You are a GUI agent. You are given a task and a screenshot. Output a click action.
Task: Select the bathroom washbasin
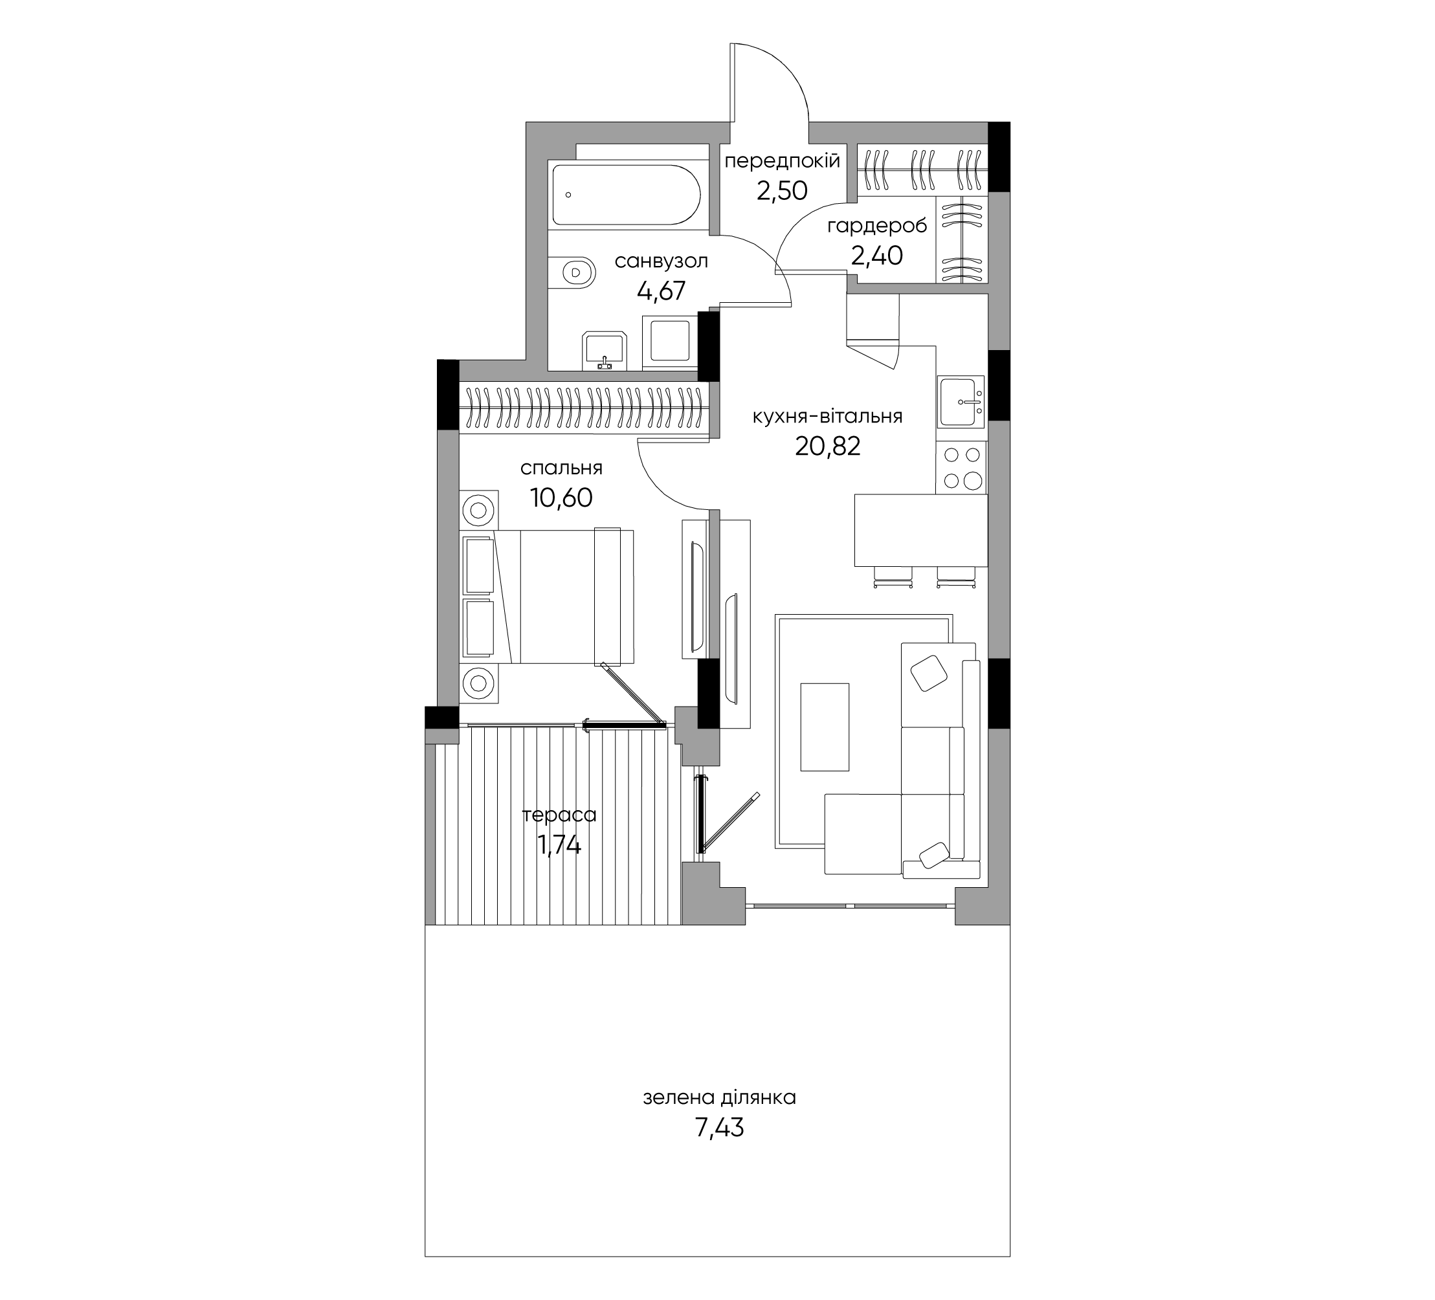coord(605,351)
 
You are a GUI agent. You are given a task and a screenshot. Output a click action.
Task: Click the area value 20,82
coord(828,446)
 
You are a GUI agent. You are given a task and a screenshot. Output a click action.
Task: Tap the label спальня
coord(561,468)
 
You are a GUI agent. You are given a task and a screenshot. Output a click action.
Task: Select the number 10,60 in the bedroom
coord(561,498)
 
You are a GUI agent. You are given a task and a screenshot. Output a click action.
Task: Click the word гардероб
coord(877,227)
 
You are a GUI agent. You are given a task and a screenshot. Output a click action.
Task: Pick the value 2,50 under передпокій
coord(783,191)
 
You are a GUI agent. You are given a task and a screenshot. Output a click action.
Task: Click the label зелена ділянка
coord(719,1098)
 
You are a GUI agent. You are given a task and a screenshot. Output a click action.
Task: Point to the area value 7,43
coord(719,1128)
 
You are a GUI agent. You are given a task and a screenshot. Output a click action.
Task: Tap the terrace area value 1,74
coord(559,844)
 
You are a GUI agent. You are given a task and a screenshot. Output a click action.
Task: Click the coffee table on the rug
coord(825,727)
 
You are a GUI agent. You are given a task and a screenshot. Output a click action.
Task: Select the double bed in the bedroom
coord(548,596)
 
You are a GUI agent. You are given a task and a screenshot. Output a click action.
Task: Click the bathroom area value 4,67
coord(662,291)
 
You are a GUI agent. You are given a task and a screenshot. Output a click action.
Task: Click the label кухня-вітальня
coord(828,416)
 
